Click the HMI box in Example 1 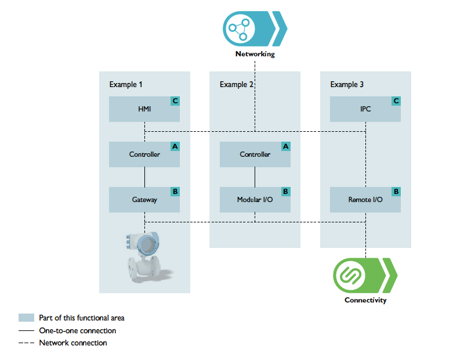pyautogui.click(x=144, y=109)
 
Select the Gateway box pyautogui.click(x=144, y=200)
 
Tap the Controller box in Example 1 pyautogui.click(x=144, y=154)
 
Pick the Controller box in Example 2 pyautogui.click(x=255, y=154)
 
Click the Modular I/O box pyautogui.click(x=255, y=200)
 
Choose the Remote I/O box pyautogui.click(x=365, y=200)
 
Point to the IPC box pyautogui.click(x=365, y=109)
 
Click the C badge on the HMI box pyautogui.click(x=175, y=101)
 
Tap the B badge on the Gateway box pyautogui.click(x=175, y=191)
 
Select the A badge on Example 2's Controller pyautogui.click(x=285, y=146)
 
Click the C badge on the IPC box pyautogui.click(x=396, y=101)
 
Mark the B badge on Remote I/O pyautogui.click(x=396, y=191)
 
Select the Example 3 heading pyautogui.click(x=347, y=85)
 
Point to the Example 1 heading pyautogui.click(x=126, y=85)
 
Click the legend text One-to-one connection pyautogui.click(x=77, y=330)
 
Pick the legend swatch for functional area pyautogui.click(x=27, y=318)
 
